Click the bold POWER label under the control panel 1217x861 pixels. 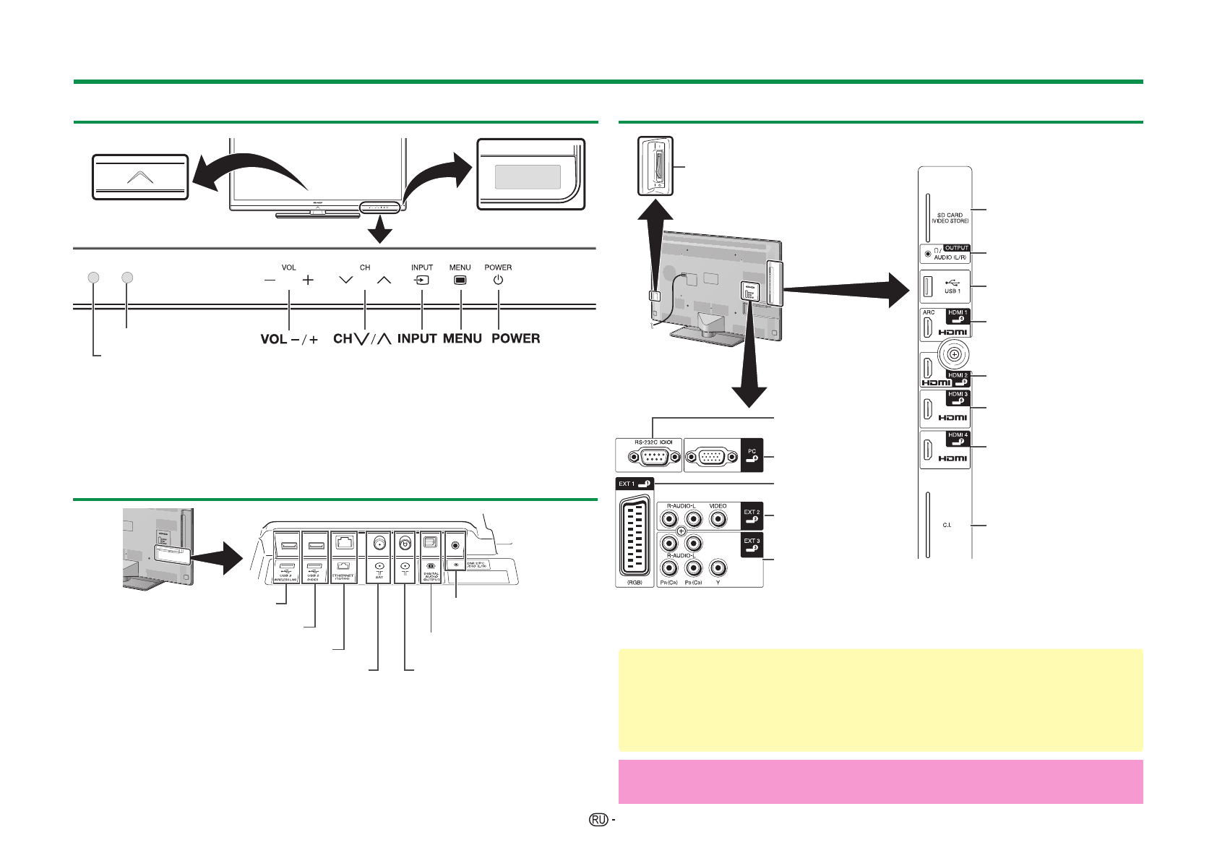[x=515, y=338]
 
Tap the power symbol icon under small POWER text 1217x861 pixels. [x=498, y=280]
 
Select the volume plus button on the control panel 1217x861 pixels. [x=308, y=280]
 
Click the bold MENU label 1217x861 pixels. [x=463, y=338]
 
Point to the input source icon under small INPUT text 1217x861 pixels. [x=422, y=280]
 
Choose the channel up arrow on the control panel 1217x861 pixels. [x=384, y=280]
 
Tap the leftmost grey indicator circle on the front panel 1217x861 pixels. [x=93, y=277]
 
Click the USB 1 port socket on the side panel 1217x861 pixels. [x=928, y=287]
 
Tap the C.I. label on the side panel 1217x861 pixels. [x=947, y=525]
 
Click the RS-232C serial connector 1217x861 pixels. [x=655, y=457]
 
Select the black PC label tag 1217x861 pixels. [x=752, y=455]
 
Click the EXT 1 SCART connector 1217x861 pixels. [x=635, y=535]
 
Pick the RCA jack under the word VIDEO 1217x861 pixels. [x=718, y=518]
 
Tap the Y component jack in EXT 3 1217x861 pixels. [x=718, y=569]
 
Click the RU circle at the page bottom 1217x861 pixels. [x=598, y=820]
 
